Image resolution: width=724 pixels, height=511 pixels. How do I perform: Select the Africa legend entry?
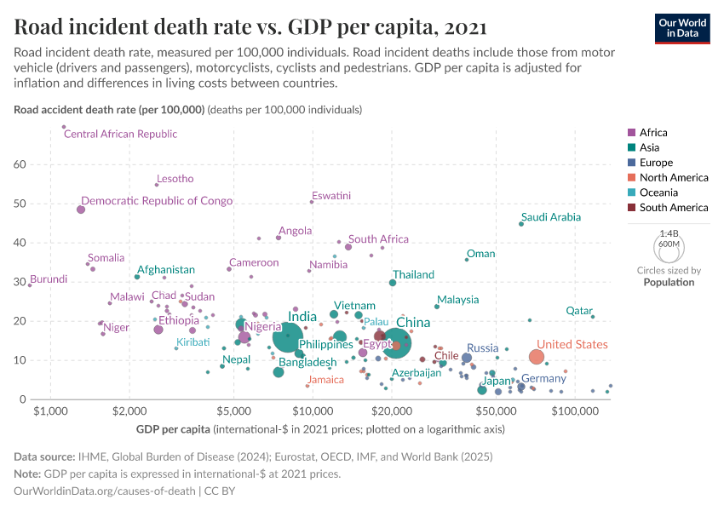click(653, 133)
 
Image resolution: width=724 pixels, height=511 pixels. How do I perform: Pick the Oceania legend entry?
click(658, 192)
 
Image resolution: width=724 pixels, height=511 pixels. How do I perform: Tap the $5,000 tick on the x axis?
click(232, 411)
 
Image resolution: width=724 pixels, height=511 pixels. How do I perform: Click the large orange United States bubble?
click(537, 357)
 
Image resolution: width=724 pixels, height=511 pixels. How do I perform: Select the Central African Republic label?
click(121, 134)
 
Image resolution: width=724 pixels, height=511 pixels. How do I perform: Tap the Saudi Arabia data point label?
click(551, 217)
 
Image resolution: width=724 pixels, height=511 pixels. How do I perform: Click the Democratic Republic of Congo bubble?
click(81, 210)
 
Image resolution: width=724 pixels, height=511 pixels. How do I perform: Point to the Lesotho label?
click(175, 179)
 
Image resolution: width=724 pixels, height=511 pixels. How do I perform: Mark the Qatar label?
click(579, 311)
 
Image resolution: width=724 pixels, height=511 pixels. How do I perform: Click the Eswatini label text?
click(331, 196)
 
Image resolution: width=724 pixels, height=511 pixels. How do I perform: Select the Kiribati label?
click(193, 342)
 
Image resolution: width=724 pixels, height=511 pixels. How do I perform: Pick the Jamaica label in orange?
click(325, 380)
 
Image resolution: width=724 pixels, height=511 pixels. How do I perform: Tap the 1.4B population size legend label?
click(669, 233)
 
